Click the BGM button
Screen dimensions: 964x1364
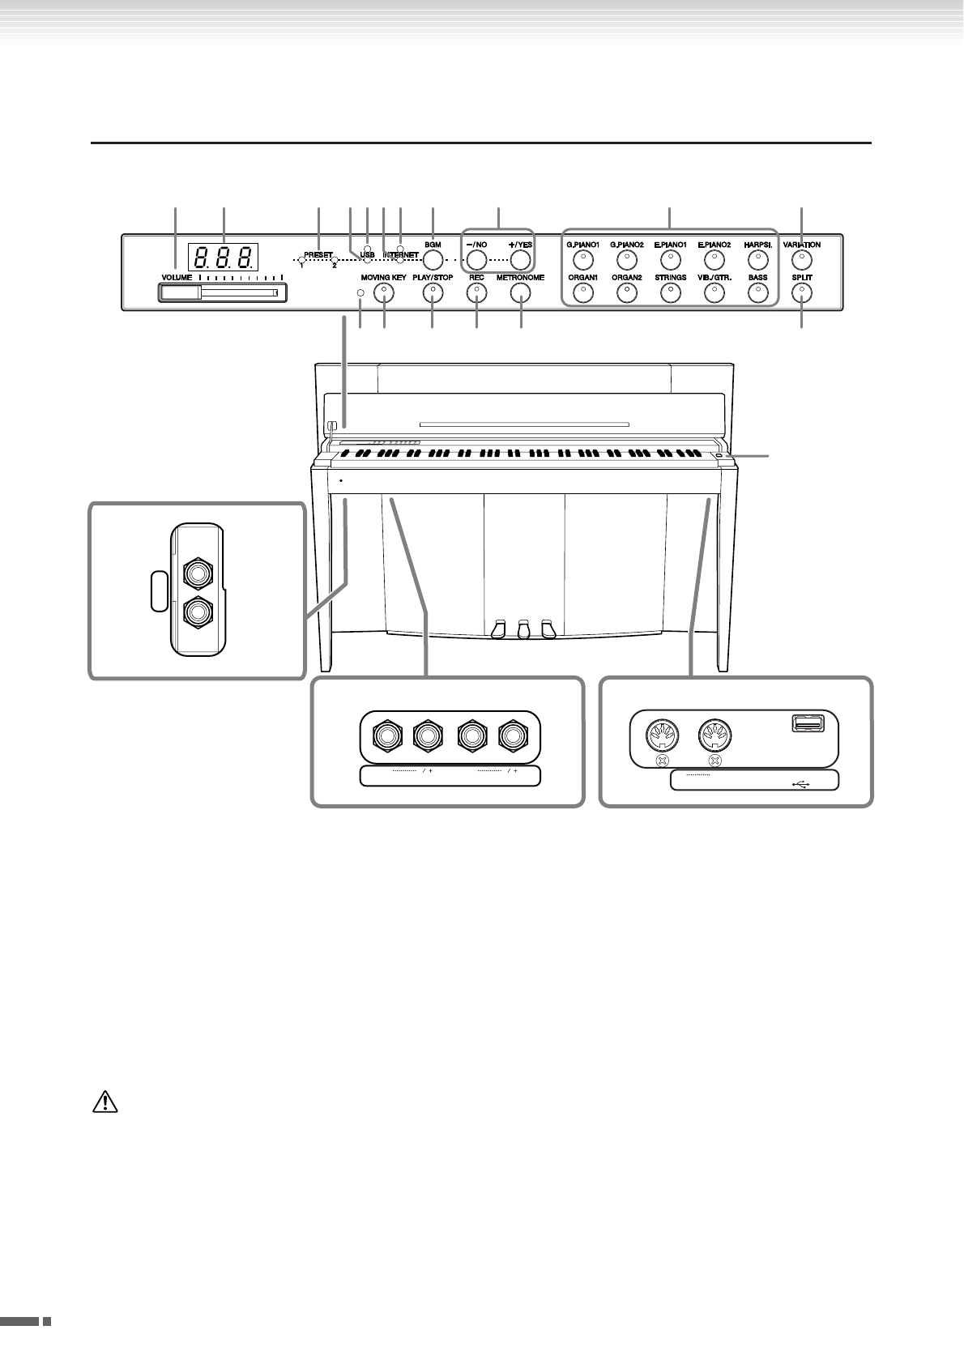click(433, 260)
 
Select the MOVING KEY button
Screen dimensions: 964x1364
click(383, 295)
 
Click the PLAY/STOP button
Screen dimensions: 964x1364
click(433, 295)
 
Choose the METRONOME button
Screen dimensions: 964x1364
click(521, 295)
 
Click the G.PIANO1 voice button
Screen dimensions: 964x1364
click(581, 260)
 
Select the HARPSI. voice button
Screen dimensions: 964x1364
click(757, 260)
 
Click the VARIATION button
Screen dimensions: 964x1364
click(801, 260)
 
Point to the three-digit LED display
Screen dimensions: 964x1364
click(224, 258)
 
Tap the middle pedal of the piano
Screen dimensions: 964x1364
click(523, 629)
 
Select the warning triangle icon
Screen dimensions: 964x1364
click(106, 1102)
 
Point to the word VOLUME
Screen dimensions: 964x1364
click(177, 277)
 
